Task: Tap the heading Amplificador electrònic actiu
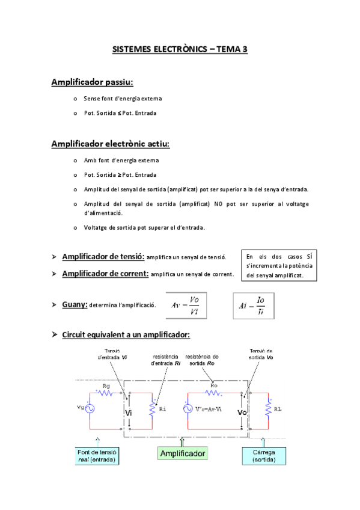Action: (111, 144)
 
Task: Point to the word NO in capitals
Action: (218, 204)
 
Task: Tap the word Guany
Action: (75, 305)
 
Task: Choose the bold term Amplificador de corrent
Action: (105, 274)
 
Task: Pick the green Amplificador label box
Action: (183, 453)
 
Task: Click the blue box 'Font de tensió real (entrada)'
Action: (97, 455)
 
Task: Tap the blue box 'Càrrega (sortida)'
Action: (261, 455)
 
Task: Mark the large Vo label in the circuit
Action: (242, 413)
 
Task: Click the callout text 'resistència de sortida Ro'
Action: (202, 360)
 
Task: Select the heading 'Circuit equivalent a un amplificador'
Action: (126, 334)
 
